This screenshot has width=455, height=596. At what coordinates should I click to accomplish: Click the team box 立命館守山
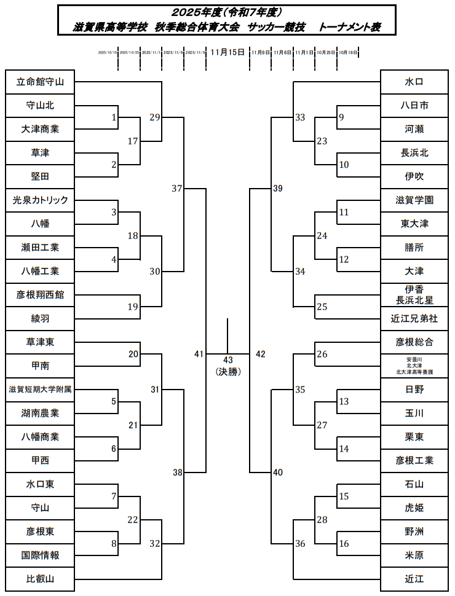40,82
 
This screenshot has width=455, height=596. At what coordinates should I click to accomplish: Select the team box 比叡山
40,579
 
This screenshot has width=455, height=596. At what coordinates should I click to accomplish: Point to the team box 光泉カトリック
40,200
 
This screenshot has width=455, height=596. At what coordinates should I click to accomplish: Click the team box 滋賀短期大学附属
40,390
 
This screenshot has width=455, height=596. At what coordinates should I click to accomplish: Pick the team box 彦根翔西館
40,295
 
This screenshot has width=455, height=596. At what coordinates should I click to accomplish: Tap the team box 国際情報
40,555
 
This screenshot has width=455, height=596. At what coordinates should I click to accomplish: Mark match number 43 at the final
228,359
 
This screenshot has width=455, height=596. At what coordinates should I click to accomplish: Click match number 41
198,354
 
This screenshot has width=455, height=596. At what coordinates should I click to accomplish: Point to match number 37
177,189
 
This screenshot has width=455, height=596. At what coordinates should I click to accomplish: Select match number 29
154,117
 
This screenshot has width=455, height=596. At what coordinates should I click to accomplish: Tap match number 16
344,544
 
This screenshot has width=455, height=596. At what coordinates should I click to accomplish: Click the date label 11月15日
228,52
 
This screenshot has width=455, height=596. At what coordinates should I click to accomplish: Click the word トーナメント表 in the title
350,28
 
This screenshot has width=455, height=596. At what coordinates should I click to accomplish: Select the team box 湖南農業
40,414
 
